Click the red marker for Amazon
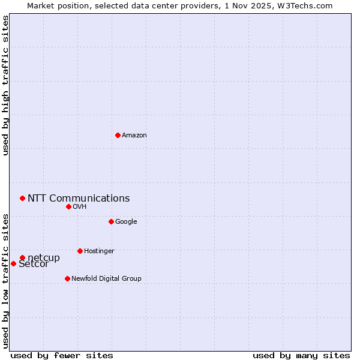coord(118,135)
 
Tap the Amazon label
coord(134,136)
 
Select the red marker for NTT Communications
coord(22,198)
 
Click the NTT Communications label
coord(79,199)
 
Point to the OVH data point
coord(68,206)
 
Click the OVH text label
coord(80,207)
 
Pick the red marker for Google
coord(111,221)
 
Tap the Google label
coord(126,222)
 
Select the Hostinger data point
coord(80,251)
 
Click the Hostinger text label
coord(99,251)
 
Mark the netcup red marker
coord(22,258)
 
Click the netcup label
coord(44,258)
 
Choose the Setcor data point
coord(13,263)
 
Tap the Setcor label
coord(34,265)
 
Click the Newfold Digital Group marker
coord(67,278)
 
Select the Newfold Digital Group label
coord(106,279)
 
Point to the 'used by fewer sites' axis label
coord(62,355)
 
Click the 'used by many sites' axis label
coord(301,355)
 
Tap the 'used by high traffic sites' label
coord(6,85)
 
